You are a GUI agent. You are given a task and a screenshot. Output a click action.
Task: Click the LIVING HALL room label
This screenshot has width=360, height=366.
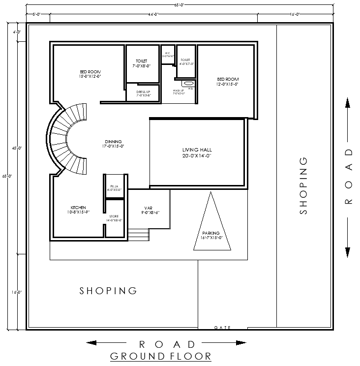coord(197,152)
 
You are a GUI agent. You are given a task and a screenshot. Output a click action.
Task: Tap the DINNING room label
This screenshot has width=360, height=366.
coord(113,144)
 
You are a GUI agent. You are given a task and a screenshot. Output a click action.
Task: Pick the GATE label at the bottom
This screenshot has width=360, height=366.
coord(223,327)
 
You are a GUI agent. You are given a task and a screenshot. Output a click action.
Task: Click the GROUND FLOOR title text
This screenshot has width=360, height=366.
coord(160,356)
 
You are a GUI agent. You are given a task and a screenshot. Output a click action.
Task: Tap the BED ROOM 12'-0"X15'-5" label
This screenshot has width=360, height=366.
coord(228,82)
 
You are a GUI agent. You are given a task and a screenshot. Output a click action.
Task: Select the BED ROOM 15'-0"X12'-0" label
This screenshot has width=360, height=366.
coord(90,74)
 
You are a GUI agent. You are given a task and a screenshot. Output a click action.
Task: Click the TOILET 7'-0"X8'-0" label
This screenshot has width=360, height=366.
coord(141,63)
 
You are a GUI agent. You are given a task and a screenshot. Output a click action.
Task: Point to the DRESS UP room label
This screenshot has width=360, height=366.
coord(143,93)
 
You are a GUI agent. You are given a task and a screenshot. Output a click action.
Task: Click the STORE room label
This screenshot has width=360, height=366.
coord(114,218)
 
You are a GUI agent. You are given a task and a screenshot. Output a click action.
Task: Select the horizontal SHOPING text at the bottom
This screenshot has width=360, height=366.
coord(108,291)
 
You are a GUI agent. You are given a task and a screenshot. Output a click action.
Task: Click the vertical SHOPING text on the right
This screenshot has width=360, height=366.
coord(303,185)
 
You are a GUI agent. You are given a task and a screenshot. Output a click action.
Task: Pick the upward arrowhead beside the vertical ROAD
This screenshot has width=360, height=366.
coord(348,102)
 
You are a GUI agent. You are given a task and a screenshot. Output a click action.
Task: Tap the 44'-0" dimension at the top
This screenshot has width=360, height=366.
coord(153,15)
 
